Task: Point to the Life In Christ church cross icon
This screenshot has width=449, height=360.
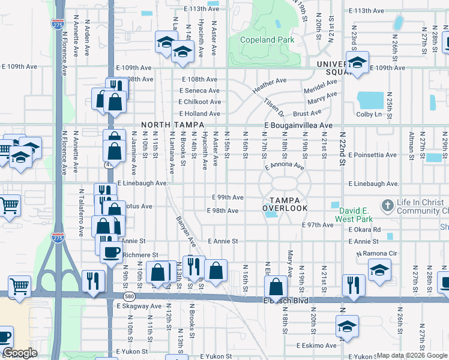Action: point(388,204)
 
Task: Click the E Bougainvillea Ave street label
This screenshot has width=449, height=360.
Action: point(298,125)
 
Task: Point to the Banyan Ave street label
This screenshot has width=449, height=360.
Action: point(185,232)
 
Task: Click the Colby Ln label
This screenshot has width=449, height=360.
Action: point(369,114)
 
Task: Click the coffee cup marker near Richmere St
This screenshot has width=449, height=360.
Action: point(110,251)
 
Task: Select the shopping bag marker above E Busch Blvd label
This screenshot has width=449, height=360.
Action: point(276,286)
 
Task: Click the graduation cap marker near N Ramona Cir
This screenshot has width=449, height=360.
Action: point(379,269)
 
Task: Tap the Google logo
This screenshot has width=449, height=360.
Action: point(20,353)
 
